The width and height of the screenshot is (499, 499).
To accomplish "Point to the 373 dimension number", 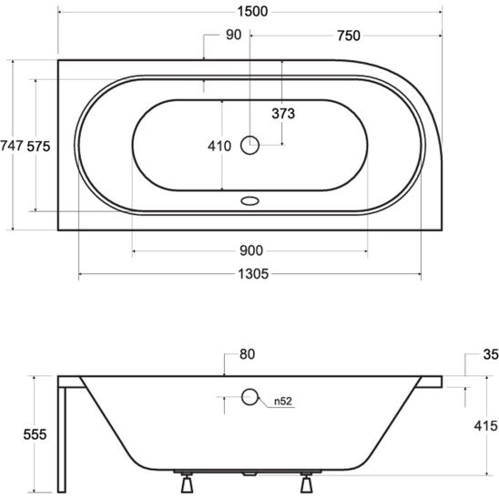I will [x=286, y=113].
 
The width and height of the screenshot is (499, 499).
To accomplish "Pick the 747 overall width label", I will [x=12, y=145].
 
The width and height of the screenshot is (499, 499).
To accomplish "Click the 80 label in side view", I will [x=249, y=353].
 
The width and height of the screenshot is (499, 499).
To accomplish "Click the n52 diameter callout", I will [x=283, y=401].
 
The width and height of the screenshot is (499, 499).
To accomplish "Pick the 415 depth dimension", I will [x=484, y=426].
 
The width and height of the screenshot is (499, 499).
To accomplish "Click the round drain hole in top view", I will [x=250, y=144].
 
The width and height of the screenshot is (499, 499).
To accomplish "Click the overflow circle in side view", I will [x=250, y=397].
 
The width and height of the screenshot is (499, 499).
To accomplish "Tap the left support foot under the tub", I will [x=188, y=480].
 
